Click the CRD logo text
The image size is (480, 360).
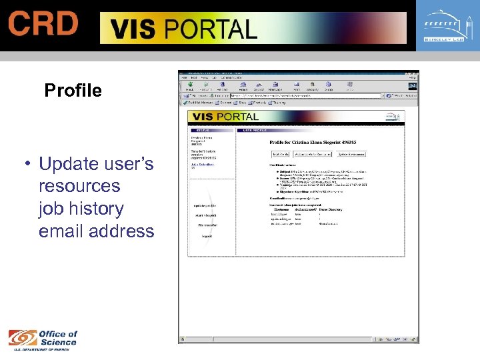point(43,24)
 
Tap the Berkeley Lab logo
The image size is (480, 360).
point(447,27)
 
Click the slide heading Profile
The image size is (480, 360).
point(73,91)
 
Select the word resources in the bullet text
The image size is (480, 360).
point(79,186)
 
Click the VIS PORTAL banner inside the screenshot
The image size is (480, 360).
point(227,117)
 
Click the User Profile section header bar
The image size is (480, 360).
point(320,130)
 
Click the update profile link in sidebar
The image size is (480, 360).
point(205,205)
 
